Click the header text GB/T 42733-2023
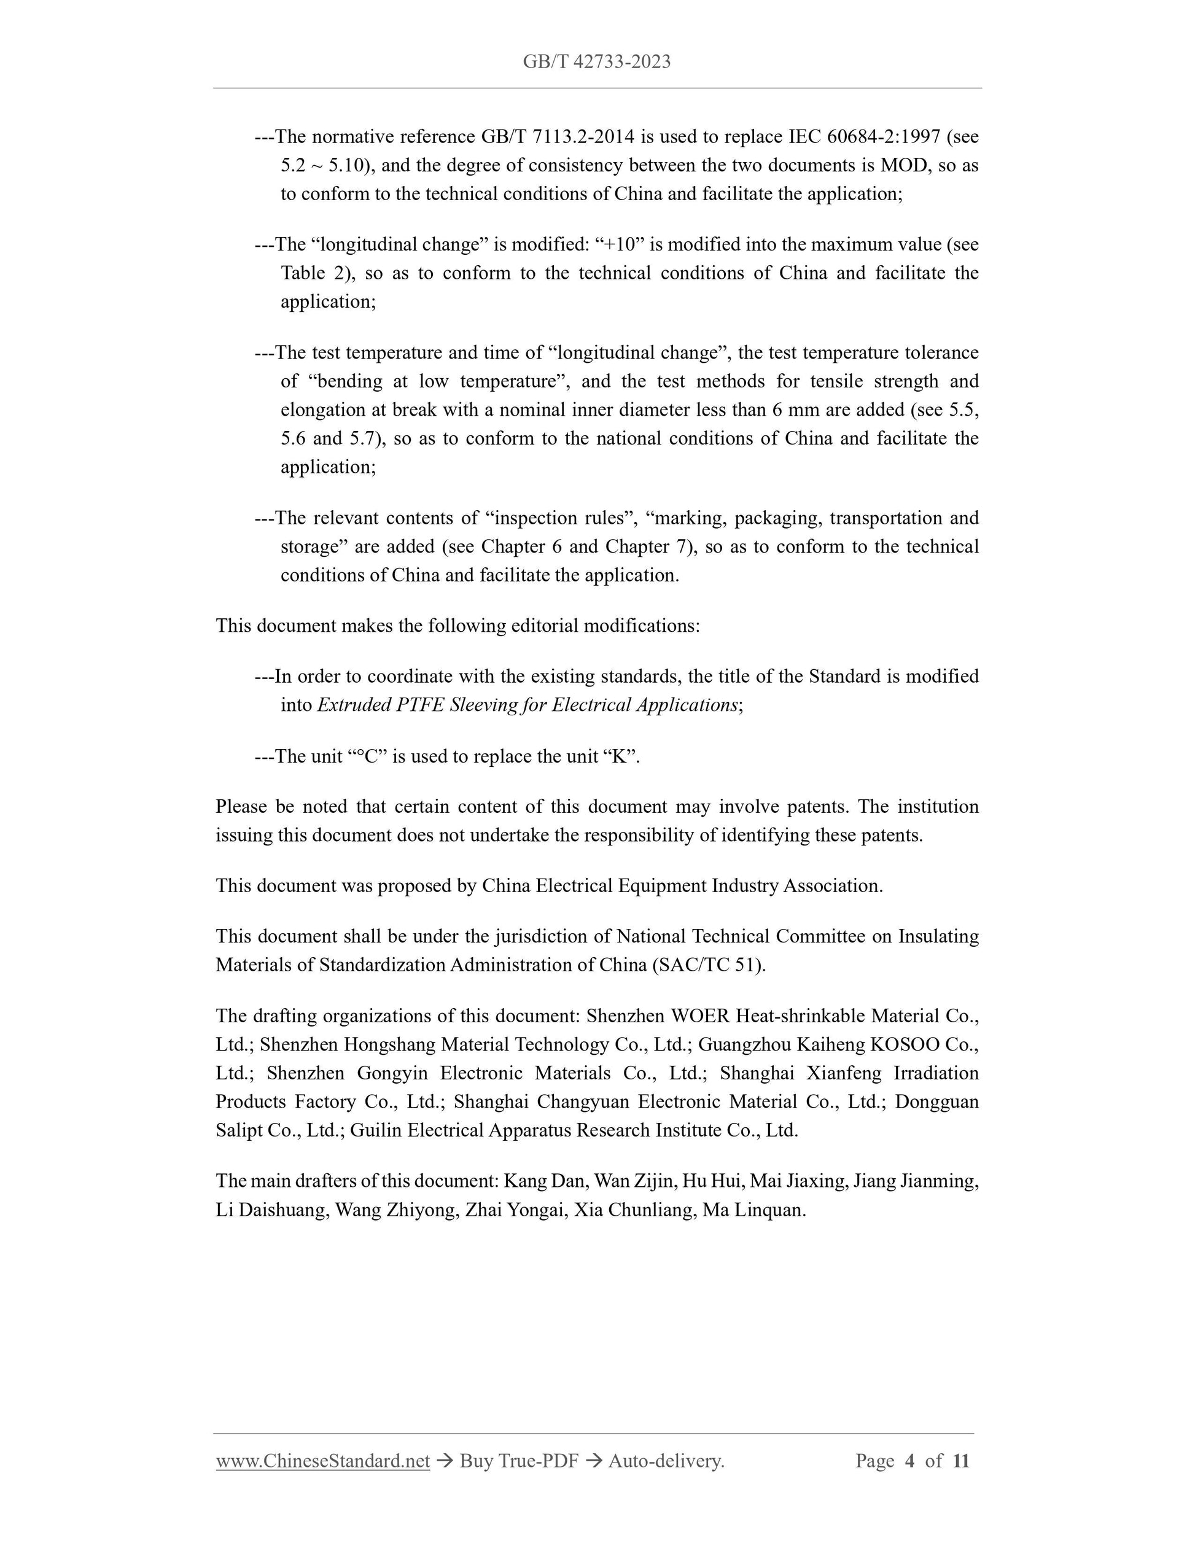click(597, 62)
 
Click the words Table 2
click(311, 273)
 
